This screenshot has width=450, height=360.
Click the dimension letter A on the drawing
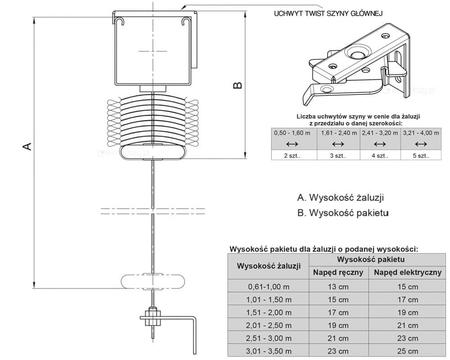(x=27, y=146)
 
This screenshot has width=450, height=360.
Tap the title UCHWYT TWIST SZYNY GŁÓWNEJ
(x=328, y=13)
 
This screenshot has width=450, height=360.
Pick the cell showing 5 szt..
(x=420, y=156)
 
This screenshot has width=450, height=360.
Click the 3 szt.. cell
(x=338, y=156)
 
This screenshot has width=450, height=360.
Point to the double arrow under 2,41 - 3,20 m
(x=380, y=144)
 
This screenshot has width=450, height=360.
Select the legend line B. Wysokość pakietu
(x=342, y=212)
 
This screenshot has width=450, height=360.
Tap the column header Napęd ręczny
(x=338, y=272)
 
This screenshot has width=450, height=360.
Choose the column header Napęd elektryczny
(x=408, y=272)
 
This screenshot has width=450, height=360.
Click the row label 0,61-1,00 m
(x=269, y=286)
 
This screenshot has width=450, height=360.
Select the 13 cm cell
(x=338, y=286)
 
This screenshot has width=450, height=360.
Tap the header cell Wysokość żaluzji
(x=269, y=266)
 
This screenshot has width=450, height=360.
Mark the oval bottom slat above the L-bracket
(x=153, y=281)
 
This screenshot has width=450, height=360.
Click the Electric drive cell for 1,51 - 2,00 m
(x=408, y=312)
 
